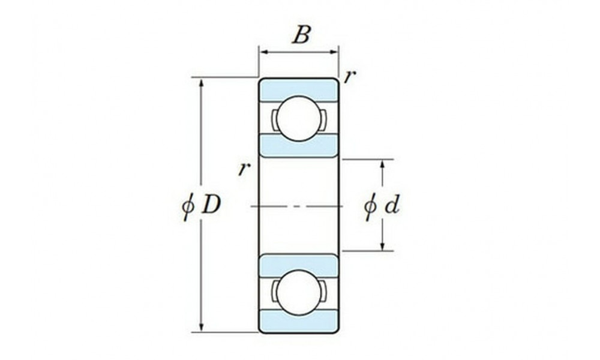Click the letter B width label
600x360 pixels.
(301, 35)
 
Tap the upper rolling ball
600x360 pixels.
(299, 119)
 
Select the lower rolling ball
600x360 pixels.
(299, 292)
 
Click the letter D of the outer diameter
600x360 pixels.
(211, 205)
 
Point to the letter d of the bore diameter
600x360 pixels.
(392, 205)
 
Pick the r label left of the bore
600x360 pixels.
(244, 169)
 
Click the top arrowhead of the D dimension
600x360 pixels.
(202, 83)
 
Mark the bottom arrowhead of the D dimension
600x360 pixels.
(202, 327)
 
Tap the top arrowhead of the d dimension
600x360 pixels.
(382, 164)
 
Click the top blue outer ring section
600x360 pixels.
(299, 90)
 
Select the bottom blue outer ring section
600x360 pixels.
(299, 320)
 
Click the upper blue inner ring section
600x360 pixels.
(299, 146)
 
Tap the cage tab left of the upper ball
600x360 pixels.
(274, 119)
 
